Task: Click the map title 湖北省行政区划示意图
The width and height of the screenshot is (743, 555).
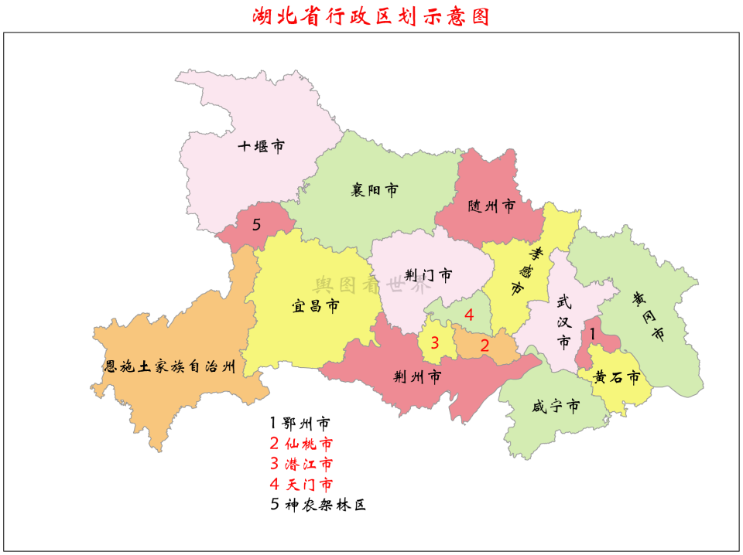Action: tap(371, 16)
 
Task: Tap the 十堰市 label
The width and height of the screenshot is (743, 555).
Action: tap(261, 146)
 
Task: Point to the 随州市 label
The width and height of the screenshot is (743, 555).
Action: tap(491, 206)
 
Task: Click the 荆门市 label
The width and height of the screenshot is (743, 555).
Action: tap(428, 275)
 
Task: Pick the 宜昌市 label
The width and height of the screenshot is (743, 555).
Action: tap(315, 306)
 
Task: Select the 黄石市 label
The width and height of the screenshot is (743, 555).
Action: tap(617, 378)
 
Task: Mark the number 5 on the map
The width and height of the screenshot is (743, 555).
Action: tap(256, 224)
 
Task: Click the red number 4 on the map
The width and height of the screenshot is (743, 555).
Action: tap(468, 315)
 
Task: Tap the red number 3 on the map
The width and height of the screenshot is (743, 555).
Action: tap(435, 342)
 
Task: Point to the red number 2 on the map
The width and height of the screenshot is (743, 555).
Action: tap(485, 346)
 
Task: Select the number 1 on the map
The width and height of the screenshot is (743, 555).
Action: tap(593, 334)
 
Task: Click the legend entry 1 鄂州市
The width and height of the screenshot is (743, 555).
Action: tap(300, 424)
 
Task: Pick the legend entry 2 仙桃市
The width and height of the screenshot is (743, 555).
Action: tap(301, 444)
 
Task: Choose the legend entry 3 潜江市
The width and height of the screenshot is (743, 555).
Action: tap(301, 465)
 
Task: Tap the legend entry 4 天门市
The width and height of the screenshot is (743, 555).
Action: tap(301, 485)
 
